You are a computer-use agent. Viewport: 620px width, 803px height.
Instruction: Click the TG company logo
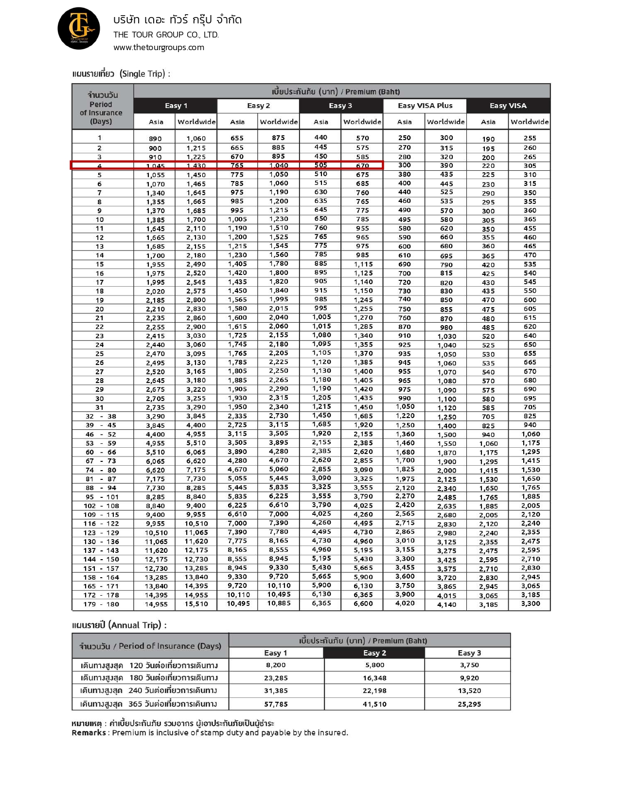click(x=79, y=28)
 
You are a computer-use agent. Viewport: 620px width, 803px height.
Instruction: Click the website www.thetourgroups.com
click(x=159, y=47)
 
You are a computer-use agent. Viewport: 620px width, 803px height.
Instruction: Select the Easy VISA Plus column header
click(x=425, y=106)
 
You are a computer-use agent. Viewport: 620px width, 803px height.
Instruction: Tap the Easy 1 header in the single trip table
click(x=176, y=106)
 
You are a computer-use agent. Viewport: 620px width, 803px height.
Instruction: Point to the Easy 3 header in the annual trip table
click(x=469, y=653)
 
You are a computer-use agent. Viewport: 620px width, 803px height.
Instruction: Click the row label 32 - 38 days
click(x=101, y=416)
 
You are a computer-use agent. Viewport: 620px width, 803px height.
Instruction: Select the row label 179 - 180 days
click(x=101, y=604)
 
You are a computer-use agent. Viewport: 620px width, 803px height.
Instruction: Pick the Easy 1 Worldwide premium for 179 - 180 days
click(x=196, y=604)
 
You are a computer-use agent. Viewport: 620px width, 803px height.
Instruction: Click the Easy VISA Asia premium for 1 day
click(x=488, y=139)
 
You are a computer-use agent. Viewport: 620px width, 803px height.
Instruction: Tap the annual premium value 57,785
click(x=276, y=704)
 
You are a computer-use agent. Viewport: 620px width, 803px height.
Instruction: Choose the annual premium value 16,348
click(x=374, y=678)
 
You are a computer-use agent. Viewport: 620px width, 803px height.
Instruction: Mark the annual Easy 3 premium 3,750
click(x=469, y=665)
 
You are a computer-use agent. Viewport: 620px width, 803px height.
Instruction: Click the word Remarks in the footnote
click(x=89, y=732)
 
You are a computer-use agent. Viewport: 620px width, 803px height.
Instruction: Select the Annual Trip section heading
click(x=119, y=625)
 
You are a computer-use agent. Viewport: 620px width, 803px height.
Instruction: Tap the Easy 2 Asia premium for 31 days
click(x=237, y=407)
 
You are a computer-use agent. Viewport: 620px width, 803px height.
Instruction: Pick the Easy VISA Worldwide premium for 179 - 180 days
click(x=530, y=603)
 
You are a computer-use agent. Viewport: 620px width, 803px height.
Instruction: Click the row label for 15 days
click(x=100, y=264)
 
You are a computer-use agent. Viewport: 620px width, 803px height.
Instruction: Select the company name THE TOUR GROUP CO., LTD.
click(x=166, y=35)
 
